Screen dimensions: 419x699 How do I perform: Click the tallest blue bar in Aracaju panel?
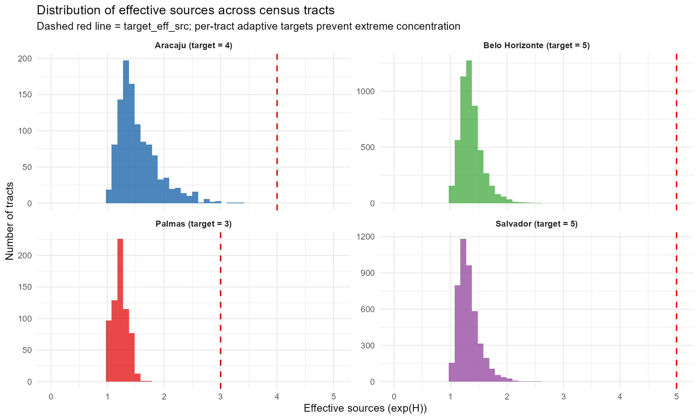(126, 133)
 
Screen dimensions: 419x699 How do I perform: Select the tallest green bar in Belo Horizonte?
(469, 133)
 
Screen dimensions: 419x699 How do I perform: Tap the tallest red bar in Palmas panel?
(120, 311)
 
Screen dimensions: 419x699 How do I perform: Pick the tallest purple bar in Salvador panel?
(463, 311)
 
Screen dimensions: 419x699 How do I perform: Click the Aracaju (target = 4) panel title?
(194, 45)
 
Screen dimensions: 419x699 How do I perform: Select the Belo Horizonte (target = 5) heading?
(536, 45)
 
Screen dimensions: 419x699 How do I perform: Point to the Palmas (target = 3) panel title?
(194, 224)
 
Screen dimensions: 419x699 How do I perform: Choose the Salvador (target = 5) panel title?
(536, 224)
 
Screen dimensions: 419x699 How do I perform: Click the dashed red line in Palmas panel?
(221, 307)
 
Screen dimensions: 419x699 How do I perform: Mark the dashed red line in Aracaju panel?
(277, 133)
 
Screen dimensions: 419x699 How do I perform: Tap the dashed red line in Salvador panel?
(676, 307)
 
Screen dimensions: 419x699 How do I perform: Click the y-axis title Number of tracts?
(10, 221)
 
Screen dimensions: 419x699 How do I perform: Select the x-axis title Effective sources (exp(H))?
(365, 408)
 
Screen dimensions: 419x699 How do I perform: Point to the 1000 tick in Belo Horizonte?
(365, 91)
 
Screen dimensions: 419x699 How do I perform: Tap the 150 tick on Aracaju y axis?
(24, 95)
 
